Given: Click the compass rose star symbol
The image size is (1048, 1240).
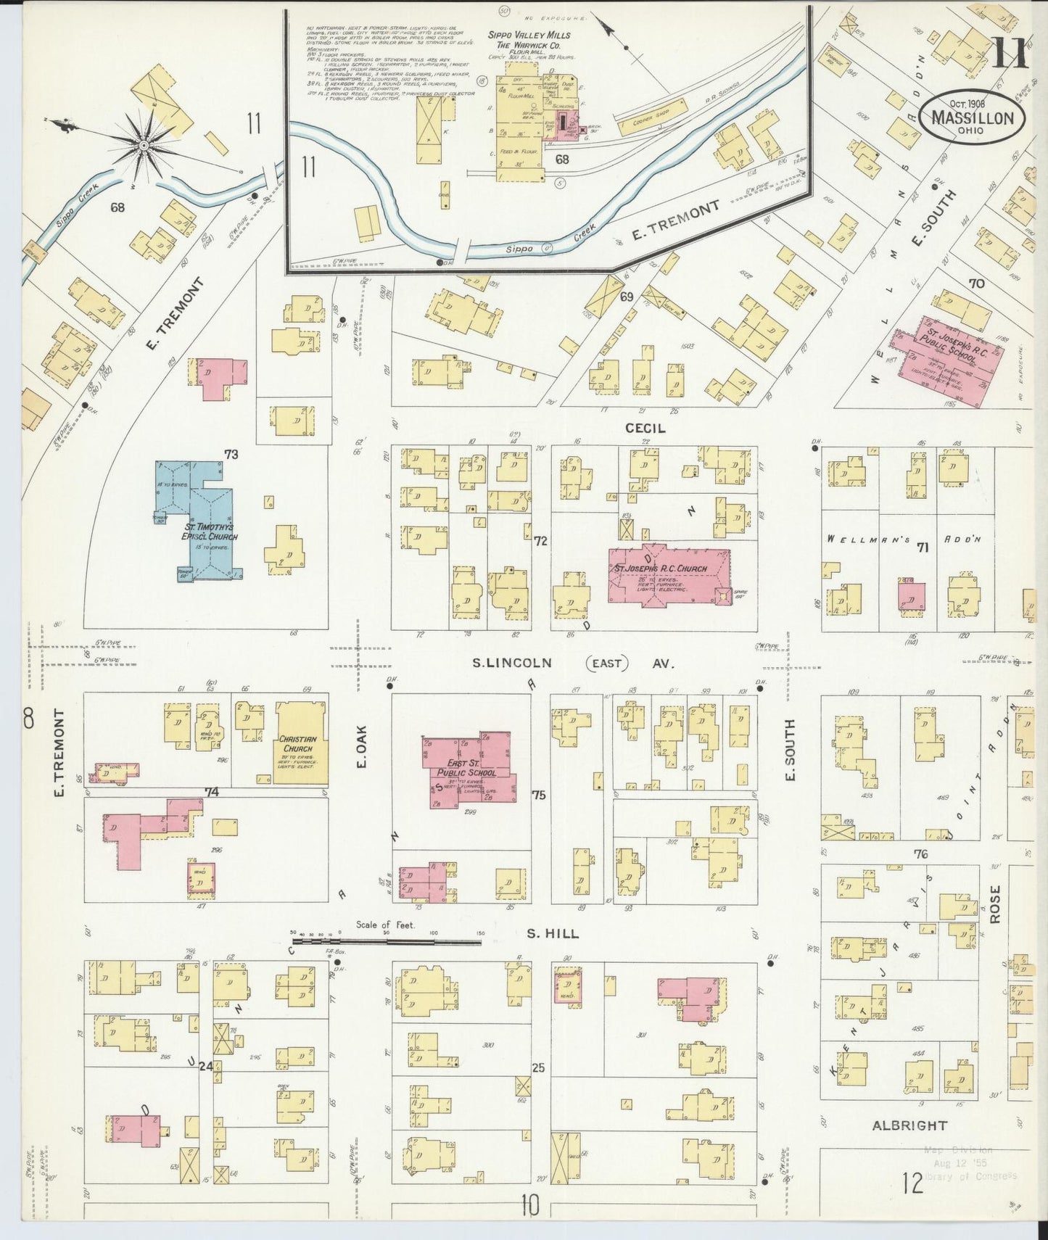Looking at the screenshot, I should click(144, 146).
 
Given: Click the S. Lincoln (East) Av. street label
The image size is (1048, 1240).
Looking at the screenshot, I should click(573, 663).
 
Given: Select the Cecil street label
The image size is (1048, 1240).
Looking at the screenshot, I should click(645, 428).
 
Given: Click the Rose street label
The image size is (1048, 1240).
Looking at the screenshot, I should click(994, 904).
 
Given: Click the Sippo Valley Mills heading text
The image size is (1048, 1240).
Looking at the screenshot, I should click(538, 36).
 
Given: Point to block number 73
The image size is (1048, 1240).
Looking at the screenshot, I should click(231, 455).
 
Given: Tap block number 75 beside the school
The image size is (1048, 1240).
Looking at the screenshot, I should click(538, 795).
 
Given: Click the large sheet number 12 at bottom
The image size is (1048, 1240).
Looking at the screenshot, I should click(913, 1184).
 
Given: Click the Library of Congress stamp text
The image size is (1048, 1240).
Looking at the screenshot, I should click(973, 1176).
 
